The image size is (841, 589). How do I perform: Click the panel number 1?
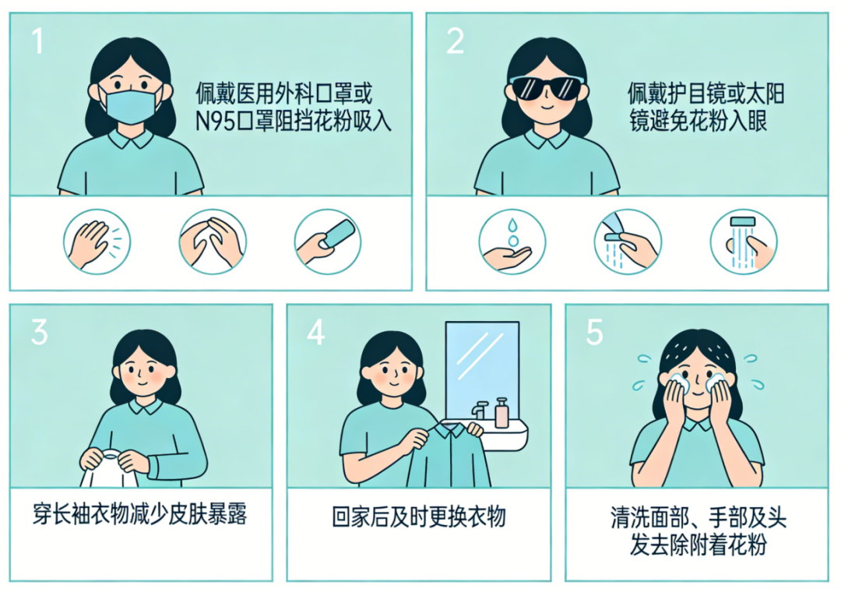37,41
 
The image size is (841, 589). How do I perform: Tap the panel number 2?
455,41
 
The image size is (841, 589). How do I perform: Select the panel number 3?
39,332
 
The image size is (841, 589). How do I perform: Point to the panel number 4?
316,332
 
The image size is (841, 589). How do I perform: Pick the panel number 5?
594,332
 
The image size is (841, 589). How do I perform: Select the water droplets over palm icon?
512,242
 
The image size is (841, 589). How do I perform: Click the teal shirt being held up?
448,455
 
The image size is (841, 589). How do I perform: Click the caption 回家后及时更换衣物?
419,517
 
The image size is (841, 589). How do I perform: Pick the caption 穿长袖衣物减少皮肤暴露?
140,515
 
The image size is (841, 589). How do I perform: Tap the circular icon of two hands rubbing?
213,242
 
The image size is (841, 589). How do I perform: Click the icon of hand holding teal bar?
328,242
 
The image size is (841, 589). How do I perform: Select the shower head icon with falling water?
744,242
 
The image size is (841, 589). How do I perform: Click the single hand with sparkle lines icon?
97,242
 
